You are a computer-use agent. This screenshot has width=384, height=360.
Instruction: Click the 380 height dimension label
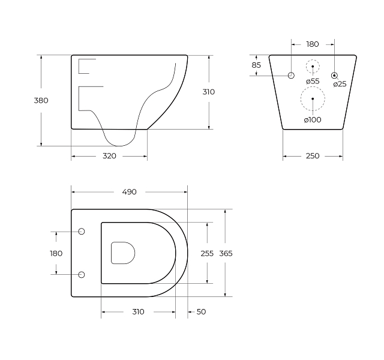coord(41,100)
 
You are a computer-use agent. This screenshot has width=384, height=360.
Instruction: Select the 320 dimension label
coord(109,156)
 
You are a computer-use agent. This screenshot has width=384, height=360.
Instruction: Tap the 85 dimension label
coord(256,65)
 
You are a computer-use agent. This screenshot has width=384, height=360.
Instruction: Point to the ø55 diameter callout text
coord(313,82)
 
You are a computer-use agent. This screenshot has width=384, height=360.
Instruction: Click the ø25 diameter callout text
coord(340,84)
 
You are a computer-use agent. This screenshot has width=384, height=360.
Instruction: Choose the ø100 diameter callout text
coord(313,120)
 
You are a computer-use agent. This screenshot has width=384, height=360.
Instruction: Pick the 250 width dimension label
coord(313,156)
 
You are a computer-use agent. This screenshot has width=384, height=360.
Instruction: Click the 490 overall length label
coord(130,192)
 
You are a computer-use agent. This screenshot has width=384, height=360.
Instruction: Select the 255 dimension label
coord(207,253)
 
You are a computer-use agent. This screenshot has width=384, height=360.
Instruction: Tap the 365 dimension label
coord(226,253)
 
